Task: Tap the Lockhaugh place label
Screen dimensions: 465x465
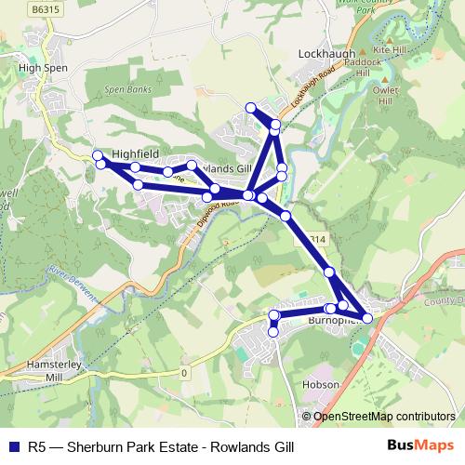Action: (326, 55)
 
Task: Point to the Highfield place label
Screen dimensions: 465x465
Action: (136, 152)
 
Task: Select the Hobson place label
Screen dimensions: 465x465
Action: (319, 384)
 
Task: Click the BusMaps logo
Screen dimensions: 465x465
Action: (419, 446)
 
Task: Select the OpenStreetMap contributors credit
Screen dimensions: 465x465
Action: (383, 416)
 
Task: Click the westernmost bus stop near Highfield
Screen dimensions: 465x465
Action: (97, 154)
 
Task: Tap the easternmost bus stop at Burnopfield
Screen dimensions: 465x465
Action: (367, 318)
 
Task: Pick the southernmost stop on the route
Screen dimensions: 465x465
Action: (273, 331)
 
